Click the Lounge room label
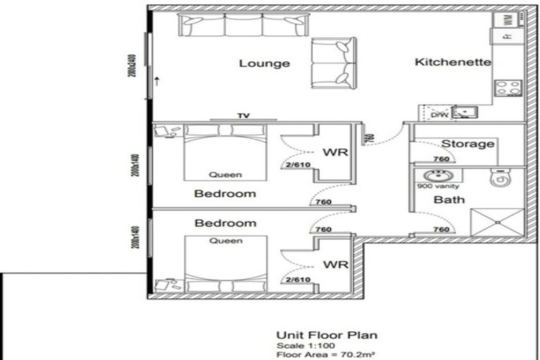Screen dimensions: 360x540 [x=264, y=64]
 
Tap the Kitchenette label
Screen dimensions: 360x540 [x=453, y=62]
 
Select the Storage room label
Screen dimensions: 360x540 [x=468, y=144]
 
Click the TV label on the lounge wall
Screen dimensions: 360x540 [x=243, y=116]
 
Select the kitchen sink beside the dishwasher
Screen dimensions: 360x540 [x=465, y=112]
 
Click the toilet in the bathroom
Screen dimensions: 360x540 [x=500, y=180]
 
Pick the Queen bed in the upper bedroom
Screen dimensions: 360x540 [x=225, y=153]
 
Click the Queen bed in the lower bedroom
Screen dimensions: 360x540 [x=225, y=264]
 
